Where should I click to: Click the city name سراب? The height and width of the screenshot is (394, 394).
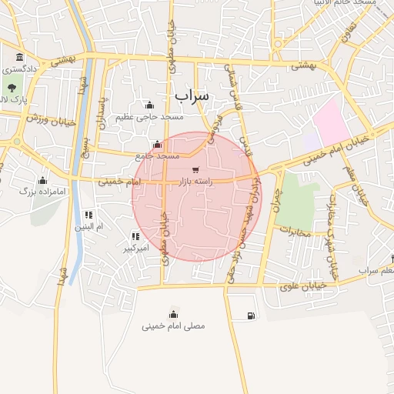click(x=192, y=95)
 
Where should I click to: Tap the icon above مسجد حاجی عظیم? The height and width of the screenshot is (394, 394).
click(x=149, y=105)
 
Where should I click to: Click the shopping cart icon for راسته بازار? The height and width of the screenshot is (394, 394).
click(x=195, y=170)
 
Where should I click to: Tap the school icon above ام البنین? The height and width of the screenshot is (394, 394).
click(x=88, y=215)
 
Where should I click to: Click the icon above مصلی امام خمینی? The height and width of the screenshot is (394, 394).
click(x=173, y=314)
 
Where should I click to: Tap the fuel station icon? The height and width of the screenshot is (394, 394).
click(x=251, y=316)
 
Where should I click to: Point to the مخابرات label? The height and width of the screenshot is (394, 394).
click(x=294, y=232)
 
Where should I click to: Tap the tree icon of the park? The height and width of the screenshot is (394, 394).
click(x=11, y=86)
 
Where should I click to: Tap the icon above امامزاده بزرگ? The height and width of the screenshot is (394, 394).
click(x=43, y=180)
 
